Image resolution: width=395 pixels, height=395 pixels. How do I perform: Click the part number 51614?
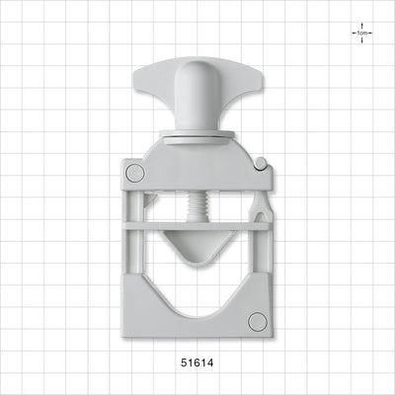197,362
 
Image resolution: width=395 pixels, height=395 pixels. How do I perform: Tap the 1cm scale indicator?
361,33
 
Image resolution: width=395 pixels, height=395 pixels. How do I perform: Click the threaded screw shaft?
197,206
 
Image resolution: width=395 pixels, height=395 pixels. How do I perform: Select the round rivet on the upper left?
135,173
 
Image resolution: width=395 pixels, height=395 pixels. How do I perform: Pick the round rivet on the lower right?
258,322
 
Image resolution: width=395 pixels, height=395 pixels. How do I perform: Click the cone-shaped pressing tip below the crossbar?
197,246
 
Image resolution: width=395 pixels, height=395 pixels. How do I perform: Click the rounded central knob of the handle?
197,96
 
